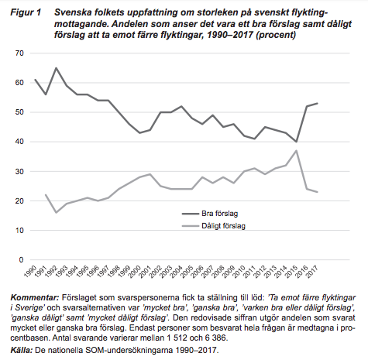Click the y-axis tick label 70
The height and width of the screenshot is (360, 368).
coord(19,53)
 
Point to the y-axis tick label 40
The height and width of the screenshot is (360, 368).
coord(19,142)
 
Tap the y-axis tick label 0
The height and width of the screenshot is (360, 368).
coord(22,260)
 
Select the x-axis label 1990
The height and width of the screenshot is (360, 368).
coord(30,272)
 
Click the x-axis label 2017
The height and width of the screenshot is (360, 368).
coord(312,272)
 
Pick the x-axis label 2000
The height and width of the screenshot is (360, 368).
coord(135,272)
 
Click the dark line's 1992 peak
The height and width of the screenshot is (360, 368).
coord(56,68)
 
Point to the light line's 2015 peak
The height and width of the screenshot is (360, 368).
coord(297,150)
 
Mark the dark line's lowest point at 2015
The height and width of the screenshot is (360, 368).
coord(297,142)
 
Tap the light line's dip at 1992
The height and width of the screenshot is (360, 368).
coord(56,213)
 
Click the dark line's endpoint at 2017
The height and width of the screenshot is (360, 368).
coord(318,103)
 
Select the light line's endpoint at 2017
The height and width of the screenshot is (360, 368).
coord(318,192)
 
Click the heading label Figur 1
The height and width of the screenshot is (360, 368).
coord(26,12)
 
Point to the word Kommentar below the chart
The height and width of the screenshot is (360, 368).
coord(35,297)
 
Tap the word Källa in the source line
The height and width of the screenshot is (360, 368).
coord(22,351)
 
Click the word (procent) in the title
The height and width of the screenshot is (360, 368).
coord(276,35)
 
